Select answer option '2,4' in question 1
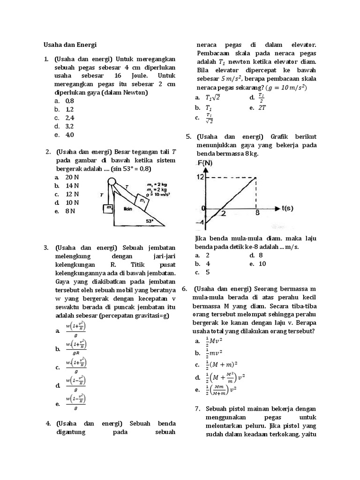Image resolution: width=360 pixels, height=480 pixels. pos(70,118)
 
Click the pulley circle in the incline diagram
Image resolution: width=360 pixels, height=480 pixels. pos(112,182)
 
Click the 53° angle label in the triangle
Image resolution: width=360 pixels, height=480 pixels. pos(150,220)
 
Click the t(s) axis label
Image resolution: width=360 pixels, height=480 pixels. pos(290,208)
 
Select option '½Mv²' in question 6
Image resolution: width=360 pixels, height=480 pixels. pos(214,341)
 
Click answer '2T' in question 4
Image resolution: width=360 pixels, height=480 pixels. pos(262,107)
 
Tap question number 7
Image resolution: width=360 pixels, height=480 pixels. pos(197,408)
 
